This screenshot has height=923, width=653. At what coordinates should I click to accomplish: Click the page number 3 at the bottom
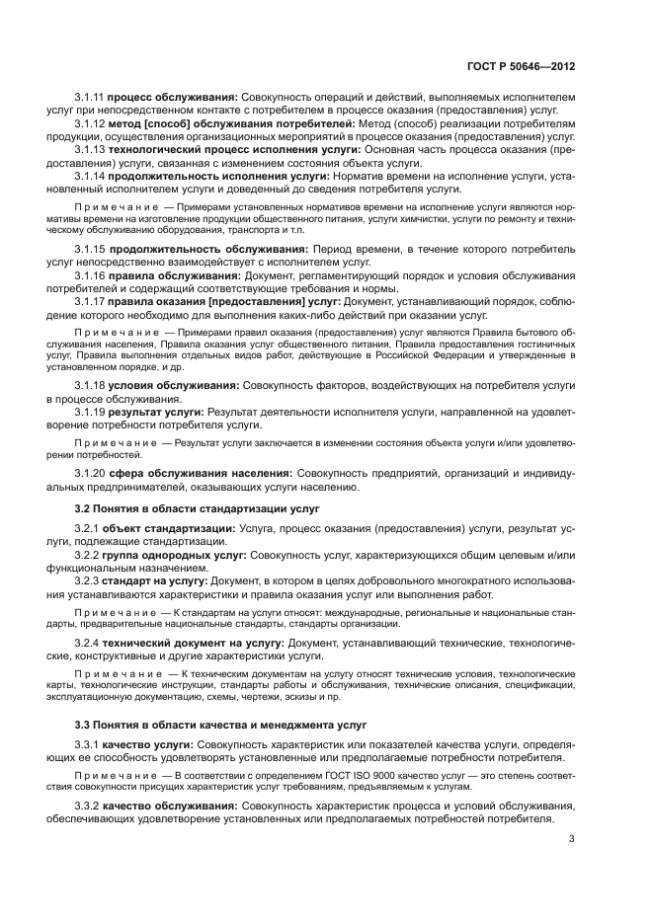(572, 841)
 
